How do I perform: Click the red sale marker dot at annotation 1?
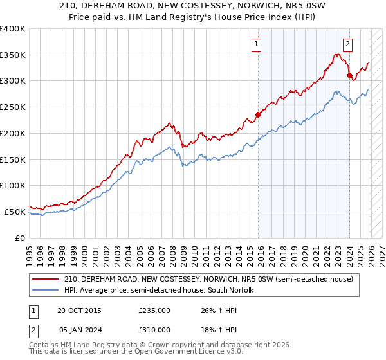pyautogui.click(x=259, y=115)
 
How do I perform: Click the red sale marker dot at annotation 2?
pyautogui.click(x=349, y=76)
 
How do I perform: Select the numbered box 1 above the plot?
pyautogui.click(x=256, y=44)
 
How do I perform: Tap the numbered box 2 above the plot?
pyautogui.click(x=347, y=44)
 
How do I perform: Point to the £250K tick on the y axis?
pyautogui.click(x=13, y=107)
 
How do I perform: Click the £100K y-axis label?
pyautogui.click(x=13, y=185)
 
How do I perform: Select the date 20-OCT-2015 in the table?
pyautogui.click(x=78, y=310)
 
